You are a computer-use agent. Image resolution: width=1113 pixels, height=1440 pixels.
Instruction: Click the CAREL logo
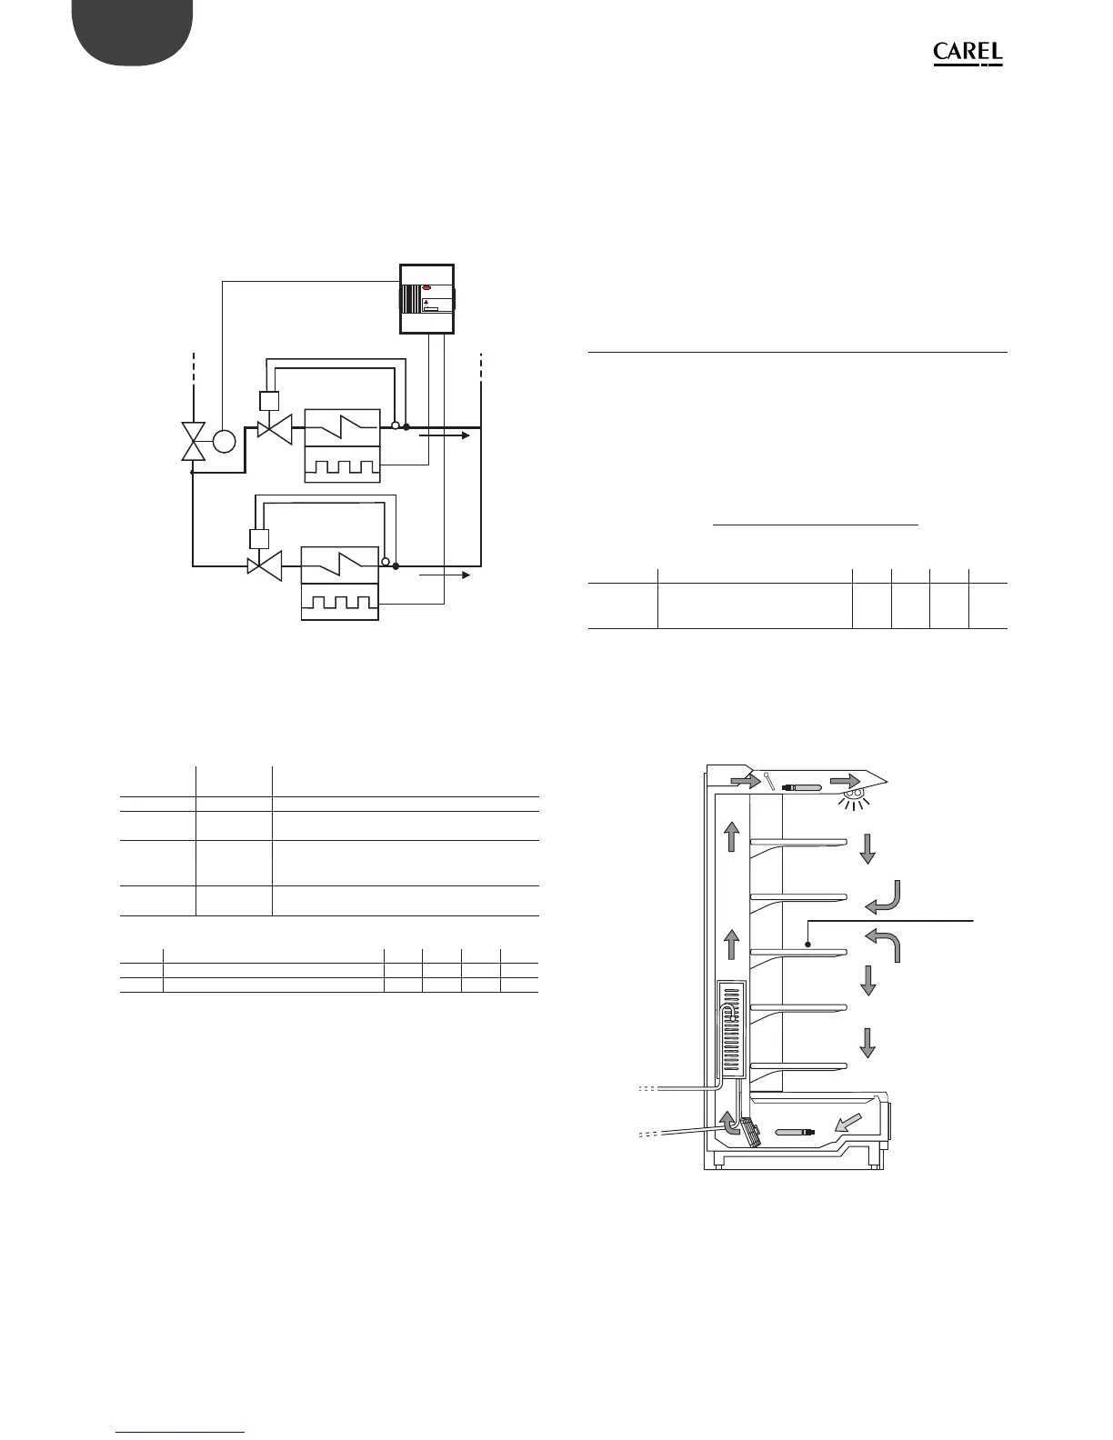968,55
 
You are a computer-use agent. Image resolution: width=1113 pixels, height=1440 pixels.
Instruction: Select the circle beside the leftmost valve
224,442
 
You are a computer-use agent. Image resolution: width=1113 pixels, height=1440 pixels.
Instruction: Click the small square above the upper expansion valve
268,400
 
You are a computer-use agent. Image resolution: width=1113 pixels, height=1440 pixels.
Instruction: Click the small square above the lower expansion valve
259,537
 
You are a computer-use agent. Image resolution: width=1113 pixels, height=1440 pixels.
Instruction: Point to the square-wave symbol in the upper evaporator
342,465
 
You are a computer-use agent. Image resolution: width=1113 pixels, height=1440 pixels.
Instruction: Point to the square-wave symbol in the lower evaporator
340,602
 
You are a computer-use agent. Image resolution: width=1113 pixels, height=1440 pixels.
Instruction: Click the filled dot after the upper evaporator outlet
406,425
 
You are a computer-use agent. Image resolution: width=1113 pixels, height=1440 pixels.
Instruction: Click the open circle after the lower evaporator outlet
386,563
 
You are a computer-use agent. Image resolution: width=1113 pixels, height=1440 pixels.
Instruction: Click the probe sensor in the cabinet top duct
801,785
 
